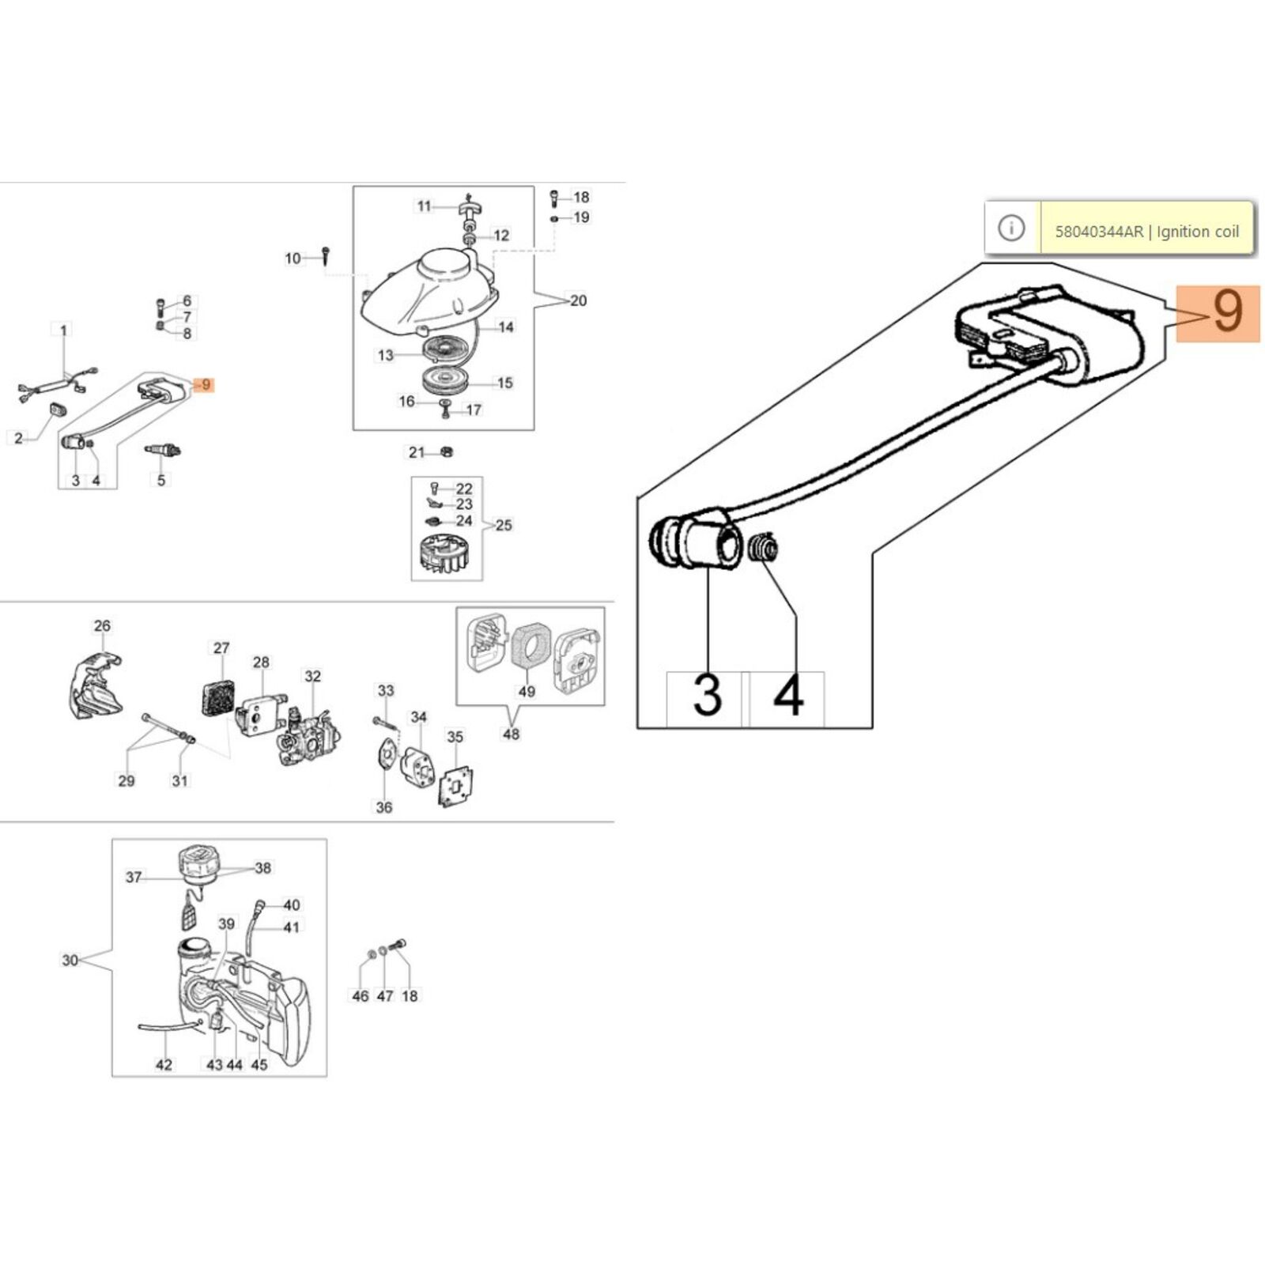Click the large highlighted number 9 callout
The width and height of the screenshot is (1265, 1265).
click(x=1218, y=313)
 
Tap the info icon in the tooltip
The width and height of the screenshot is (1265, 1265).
click(x=1011, y=228)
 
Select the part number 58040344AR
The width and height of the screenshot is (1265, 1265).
click(x=1098, y=232)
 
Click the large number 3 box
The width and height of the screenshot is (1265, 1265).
click(x=706, y=697)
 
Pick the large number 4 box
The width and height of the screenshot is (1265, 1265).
click(x=787, y=697)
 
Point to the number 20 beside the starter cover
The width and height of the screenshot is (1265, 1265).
click(x=578, y=300)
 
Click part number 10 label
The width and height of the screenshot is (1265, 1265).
click(x=293, y=258)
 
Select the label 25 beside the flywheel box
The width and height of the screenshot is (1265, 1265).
click(x=504, y=525)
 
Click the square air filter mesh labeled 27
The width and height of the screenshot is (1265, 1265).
click(x=216, y=697)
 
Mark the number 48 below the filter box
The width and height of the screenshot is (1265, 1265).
click(x=512, y=734)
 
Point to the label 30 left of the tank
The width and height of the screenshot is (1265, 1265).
click(x=70, y=960)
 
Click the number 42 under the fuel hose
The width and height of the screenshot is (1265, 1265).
click(x=164, y=1064)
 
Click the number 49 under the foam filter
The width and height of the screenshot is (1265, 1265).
click(x=527, y=692)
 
